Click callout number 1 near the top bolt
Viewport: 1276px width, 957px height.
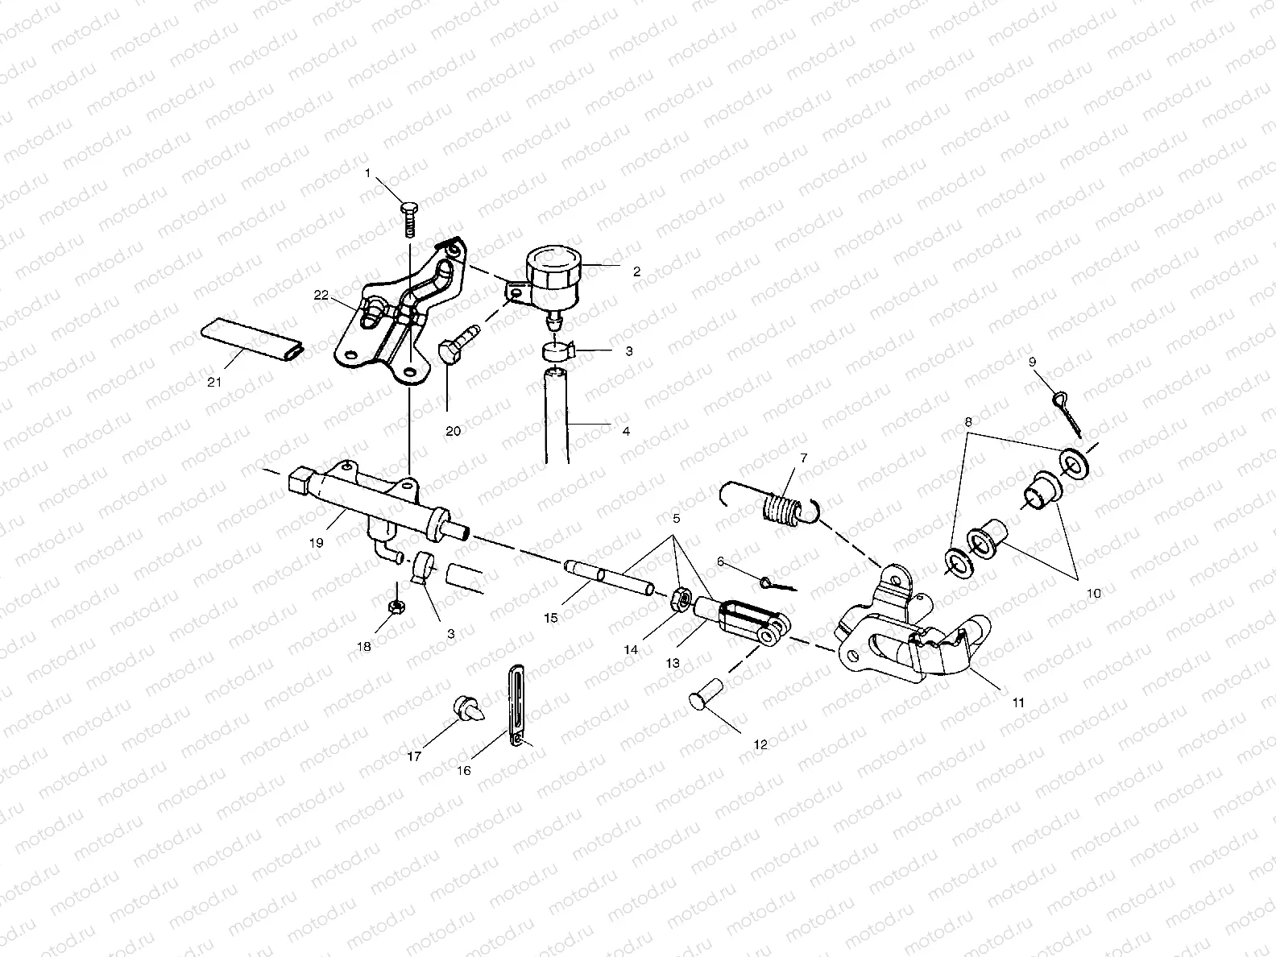click(368, 173)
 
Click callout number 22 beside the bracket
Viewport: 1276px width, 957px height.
click(321, 296)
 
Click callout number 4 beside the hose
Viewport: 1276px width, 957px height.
click(626, 431)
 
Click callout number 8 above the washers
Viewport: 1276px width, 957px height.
click(968, 420)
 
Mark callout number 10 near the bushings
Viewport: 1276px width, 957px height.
click(1093, 592)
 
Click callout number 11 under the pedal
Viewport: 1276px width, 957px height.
click(1018, 702)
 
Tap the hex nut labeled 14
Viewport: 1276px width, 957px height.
click(679, 599)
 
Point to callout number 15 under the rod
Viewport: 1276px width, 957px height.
click(551, 618)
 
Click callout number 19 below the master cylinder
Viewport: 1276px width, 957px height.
click(316, 543)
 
